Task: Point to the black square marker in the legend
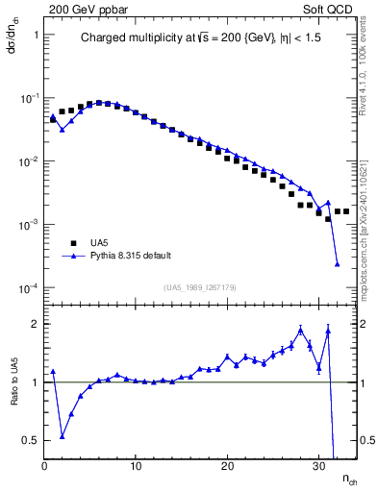pyautogui.click(x=71, y=242)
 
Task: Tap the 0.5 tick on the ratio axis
pyautogui.click(x=29, y=440)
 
